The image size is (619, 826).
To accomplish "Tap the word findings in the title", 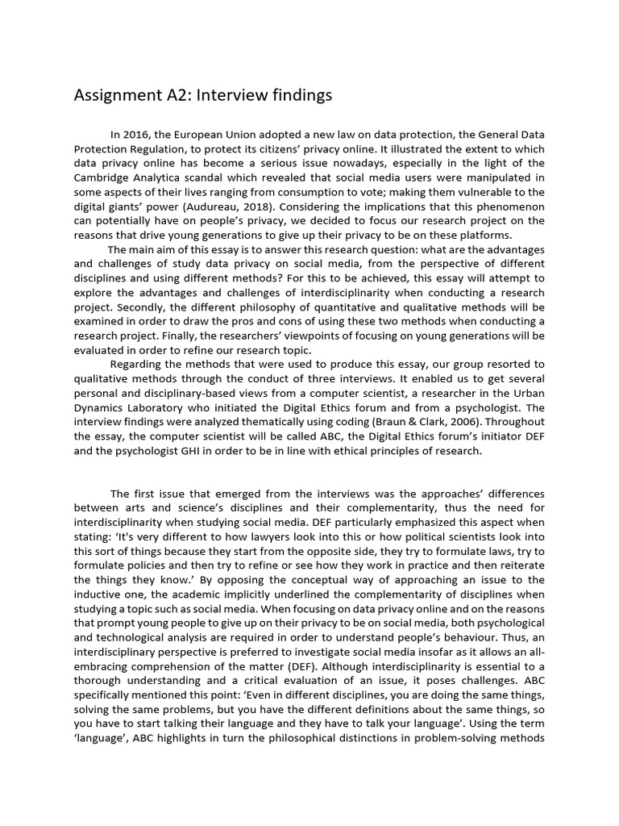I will click(297, 96).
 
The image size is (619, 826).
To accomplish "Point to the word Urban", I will click(527, 393).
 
